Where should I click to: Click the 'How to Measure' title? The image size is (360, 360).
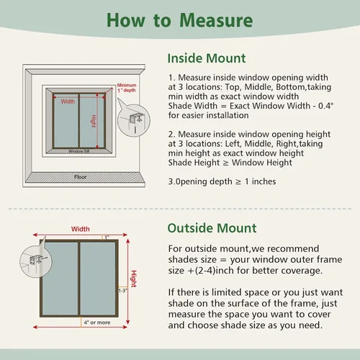(179, 20)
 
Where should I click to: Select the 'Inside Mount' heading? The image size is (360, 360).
(207, 58)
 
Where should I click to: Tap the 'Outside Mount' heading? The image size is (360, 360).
(212, 228)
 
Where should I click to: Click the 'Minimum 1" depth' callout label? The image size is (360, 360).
(127, 88)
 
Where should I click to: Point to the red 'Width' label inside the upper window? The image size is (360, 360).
(68, 102)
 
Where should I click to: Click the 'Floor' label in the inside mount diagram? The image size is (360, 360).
(80, 177)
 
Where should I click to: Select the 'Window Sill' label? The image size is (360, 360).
(79, 151)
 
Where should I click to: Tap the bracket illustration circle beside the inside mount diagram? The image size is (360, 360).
(134, 120)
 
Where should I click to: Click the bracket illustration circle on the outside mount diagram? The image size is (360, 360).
(36, 261)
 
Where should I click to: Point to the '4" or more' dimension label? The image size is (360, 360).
(97, 323)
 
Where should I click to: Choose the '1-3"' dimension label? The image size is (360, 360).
(123, 291)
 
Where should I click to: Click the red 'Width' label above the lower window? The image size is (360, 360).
(81, 229)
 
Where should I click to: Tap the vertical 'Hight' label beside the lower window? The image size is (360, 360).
(134, 279)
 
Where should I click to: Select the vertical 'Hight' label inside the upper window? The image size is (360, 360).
(94, 122)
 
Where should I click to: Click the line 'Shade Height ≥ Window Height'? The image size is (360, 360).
(230, 163)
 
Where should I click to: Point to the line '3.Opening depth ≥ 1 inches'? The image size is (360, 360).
(222, 181)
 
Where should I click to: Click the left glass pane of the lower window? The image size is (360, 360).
(61, 279)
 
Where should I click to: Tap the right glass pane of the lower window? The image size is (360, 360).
(98, 279)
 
